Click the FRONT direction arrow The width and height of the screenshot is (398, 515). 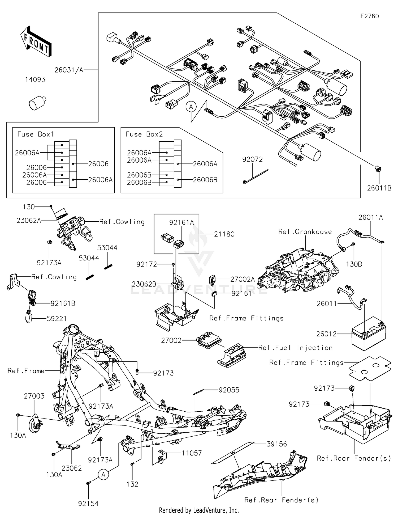(x=36, y=41)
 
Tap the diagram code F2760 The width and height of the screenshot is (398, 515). (x=370, y=16)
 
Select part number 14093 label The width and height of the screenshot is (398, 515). (x=35, y=79)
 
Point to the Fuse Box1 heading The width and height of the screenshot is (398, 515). (x=36, y=134)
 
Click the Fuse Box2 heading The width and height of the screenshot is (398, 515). (x=144, y=134)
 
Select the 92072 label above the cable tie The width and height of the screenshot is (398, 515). (x=252, y=159)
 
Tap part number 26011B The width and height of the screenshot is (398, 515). (x=379, y=188)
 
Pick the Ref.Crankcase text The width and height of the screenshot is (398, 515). (x=305, y=232)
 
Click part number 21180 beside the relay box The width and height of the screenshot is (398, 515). (x=224, y=234)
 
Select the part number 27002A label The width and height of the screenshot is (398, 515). (x=242, y=279)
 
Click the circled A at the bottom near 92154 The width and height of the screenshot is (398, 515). (x=103, y=475)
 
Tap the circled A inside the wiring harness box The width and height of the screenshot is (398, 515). (x=191, y=107)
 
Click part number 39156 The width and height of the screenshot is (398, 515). (x=276, y=444)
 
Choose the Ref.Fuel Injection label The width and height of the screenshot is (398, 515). (x=295, y=348)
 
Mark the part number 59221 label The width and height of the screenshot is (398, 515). (x=57, y=318)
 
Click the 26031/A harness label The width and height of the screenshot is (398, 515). (x=69, y=70)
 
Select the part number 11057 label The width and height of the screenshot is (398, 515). (x=192, y=453)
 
